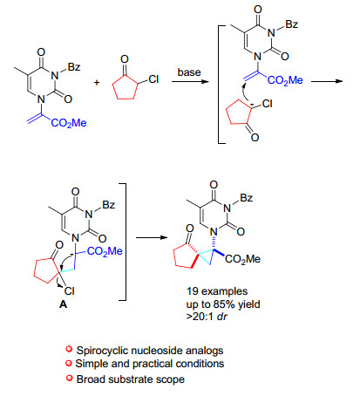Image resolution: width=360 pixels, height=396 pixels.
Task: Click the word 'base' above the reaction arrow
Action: click(x=189, y=72)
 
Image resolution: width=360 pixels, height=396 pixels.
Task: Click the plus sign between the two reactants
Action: click(x=97, y=83)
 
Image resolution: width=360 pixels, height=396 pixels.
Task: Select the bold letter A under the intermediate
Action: click(x=63, y=304)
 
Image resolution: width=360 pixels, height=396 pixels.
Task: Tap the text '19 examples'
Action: click(x=217, y=291)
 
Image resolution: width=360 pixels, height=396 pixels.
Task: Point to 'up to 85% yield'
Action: click(x=223, y=304)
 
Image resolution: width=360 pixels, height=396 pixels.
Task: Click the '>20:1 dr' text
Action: click(x=207, y=316)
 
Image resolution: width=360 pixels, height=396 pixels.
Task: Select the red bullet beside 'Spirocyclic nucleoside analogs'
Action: click(x=69, y=349)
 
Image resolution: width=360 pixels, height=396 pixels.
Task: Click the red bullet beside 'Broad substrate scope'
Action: click(x=69, y=378)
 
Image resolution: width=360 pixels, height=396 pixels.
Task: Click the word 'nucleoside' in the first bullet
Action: click(x=158, y=351)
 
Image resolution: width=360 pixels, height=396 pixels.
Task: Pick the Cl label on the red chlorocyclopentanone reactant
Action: click(x=153, y=79)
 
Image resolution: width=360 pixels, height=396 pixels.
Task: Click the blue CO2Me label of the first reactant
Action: click(x=69, y=123)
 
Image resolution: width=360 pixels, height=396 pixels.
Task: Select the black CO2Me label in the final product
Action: click(x=243, y=259)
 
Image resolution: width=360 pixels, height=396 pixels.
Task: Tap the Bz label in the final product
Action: click(x=247, y=198)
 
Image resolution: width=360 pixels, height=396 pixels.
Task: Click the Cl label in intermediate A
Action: click(x=70, y=290)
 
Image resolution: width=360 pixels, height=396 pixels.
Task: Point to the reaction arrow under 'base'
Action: click(x=190, y=82)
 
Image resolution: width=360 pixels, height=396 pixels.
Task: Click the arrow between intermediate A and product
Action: click(x=152, y=237)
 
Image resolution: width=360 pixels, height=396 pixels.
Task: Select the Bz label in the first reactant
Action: click(x=74, y=67)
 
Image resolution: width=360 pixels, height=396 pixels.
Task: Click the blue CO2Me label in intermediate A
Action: click(x=105, y=251)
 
